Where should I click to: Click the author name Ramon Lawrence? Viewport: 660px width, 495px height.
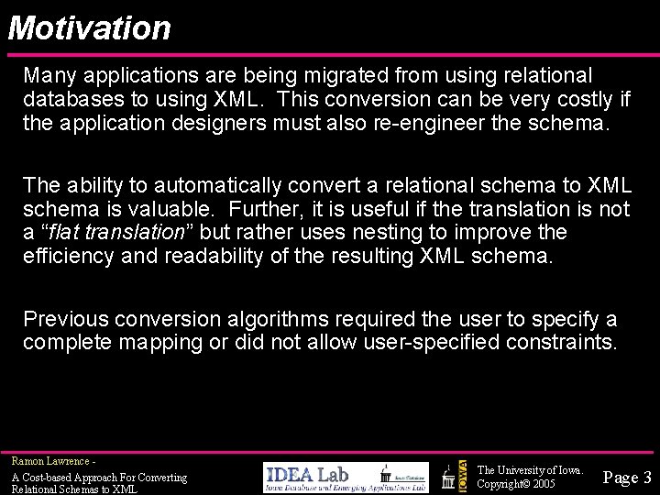pos(50,460)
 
